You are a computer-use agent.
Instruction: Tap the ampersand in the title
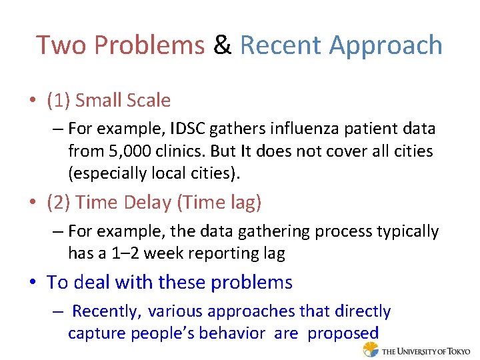222,45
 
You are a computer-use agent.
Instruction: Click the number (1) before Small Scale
59,101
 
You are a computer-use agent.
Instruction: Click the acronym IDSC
185,128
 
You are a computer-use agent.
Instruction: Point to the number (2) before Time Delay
59,203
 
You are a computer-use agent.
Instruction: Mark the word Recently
106,311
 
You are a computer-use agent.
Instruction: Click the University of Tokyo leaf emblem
371,349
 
